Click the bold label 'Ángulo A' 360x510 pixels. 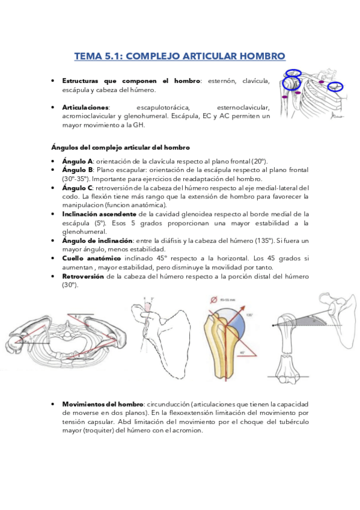(78, 162)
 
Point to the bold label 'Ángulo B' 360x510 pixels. (78, 170)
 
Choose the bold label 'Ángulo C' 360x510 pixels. (78, 188)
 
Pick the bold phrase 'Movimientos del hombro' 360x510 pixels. (103, 404)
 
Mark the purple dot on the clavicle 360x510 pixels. (321, 82)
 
